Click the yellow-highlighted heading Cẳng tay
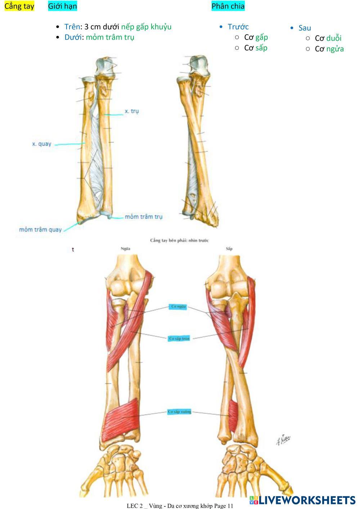[19, 6]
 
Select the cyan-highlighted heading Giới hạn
[62, 6]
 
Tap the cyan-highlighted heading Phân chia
[228, 6]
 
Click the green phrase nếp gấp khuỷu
[146, 27]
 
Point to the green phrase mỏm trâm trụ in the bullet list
[110, 37]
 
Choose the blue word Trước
[238, 27]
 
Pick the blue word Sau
[305, 28]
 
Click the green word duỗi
[334, 38]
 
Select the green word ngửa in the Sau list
[335, 49]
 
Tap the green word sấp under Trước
[261, 48]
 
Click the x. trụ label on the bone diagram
[131, 111]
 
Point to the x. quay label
[42, 144]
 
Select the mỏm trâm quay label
[40, 229]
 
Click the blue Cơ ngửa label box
[179, 306]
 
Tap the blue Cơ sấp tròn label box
[179, 338]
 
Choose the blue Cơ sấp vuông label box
[179, 412]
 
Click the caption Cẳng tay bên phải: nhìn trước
[179, 240]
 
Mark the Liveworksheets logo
[302, 500]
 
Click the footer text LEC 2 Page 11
[180, 506]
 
